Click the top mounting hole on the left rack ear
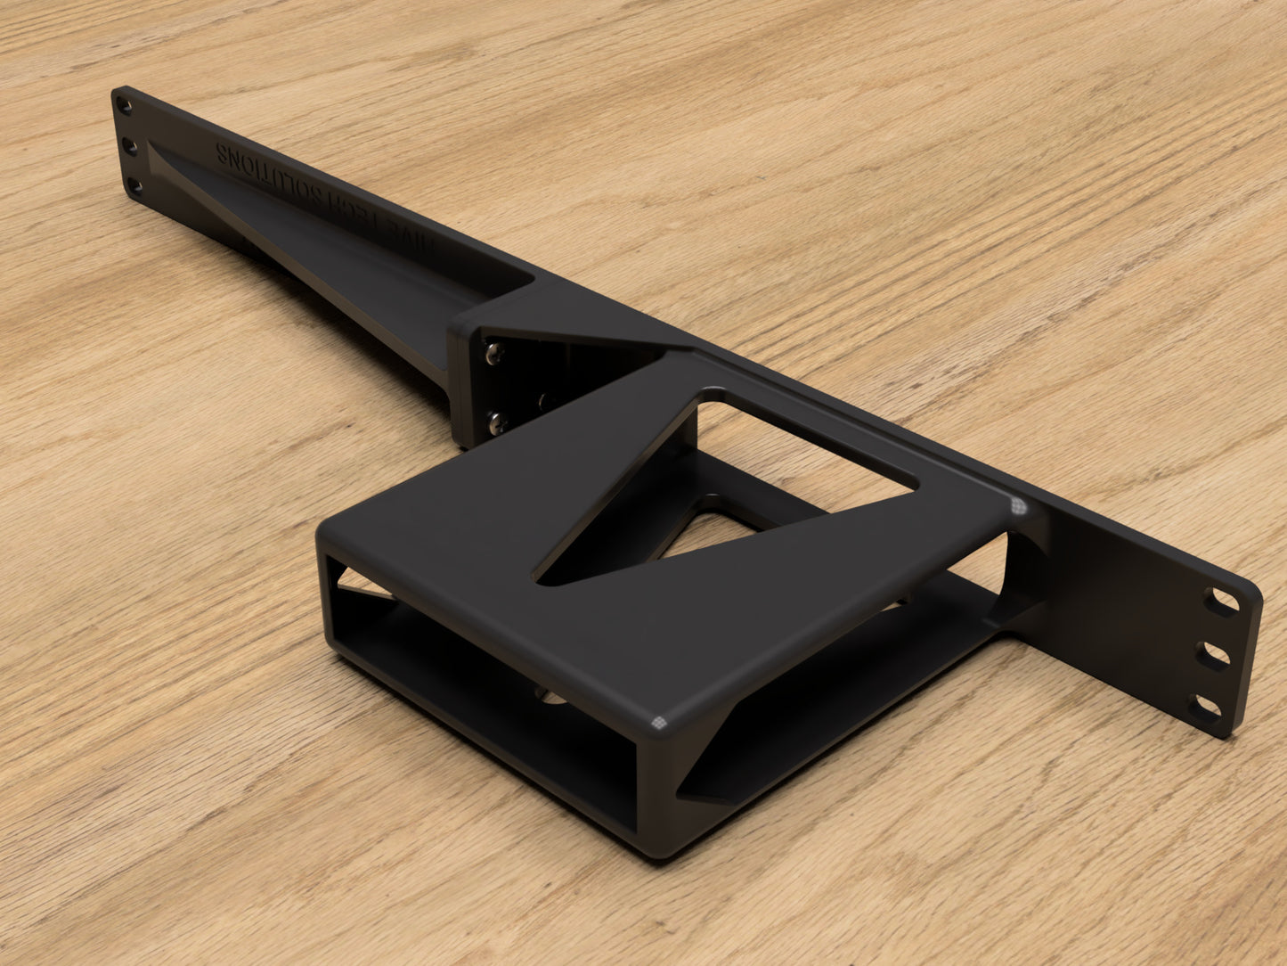125,107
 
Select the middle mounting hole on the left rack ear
129,144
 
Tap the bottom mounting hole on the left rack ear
134,186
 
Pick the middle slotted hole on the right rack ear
1218,655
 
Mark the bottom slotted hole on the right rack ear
1208,709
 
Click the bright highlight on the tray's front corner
658,723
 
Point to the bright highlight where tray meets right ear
1016,507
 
